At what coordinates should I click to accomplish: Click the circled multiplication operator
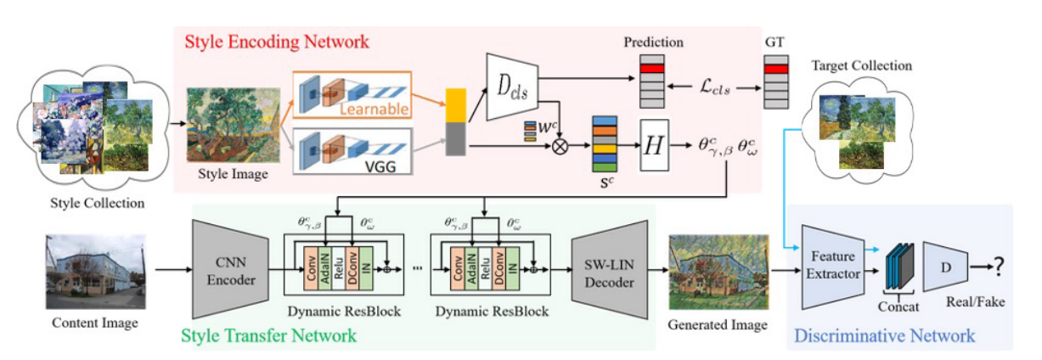point(560,145)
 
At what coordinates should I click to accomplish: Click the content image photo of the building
point(86,271)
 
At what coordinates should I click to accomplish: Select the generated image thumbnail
point(718,272)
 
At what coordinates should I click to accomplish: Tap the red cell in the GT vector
point(776,69)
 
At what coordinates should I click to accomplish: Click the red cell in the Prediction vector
point(653,68)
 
